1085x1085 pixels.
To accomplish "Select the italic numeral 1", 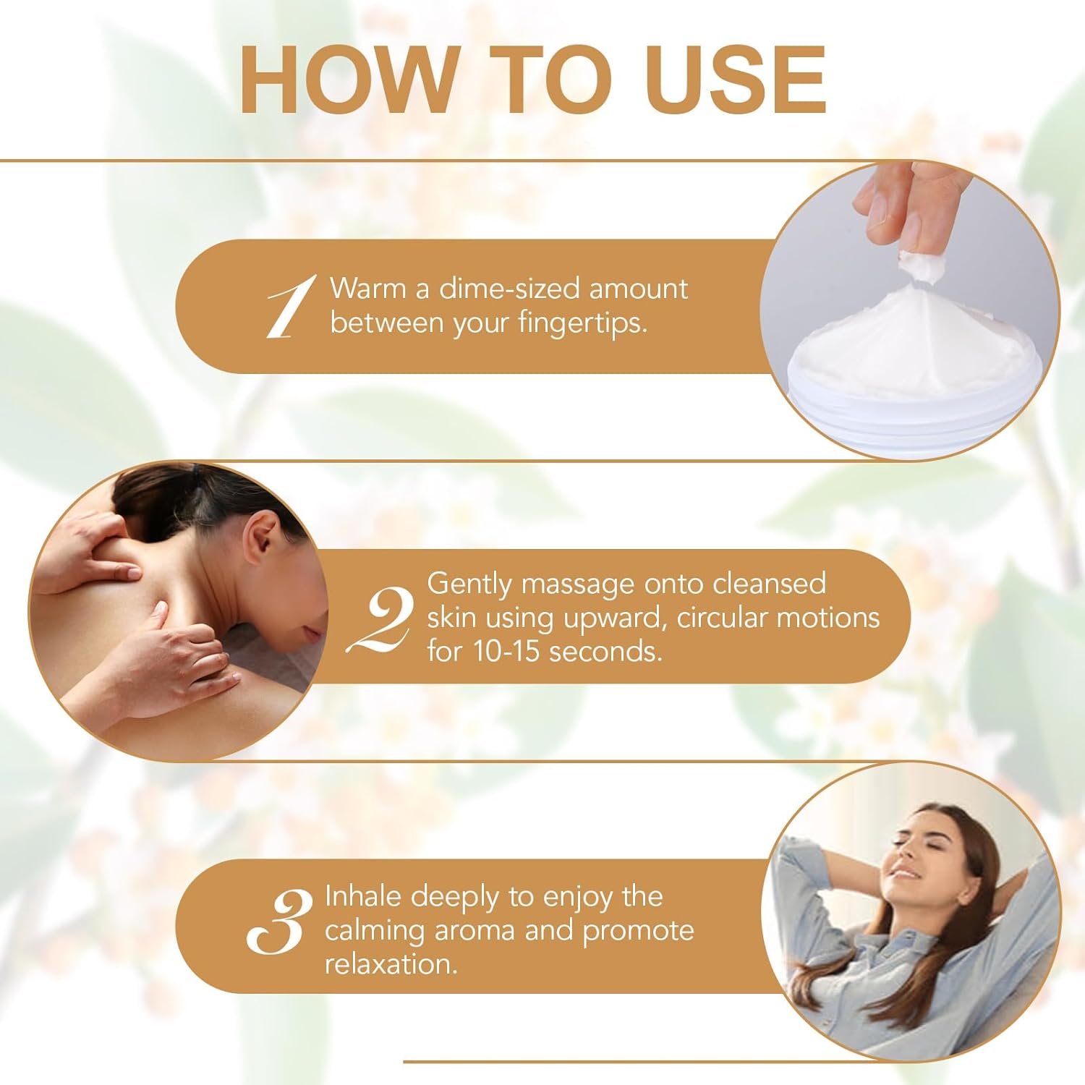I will tap(292, 307).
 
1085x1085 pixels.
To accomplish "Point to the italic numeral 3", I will tap(279, 922).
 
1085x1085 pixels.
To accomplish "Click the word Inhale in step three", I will tap(363, 896).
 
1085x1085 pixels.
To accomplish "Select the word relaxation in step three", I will tap(391, 964).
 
